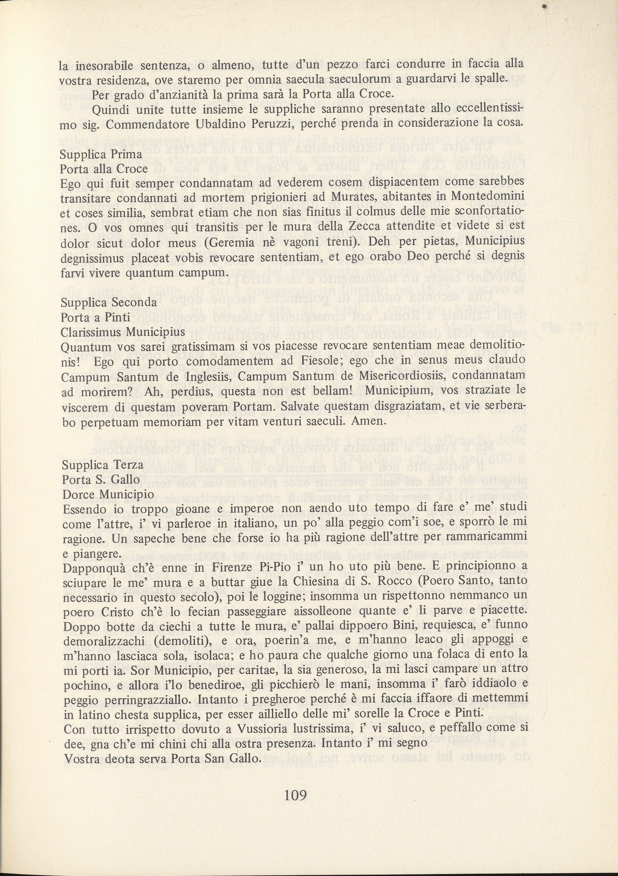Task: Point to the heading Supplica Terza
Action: [x=102, y=465]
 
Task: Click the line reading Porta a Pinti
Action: [x=95, y=317]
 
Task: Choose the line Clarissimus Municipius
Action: [x=123, y=332]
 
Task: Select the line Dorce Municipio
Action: [x=108, y=494]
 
